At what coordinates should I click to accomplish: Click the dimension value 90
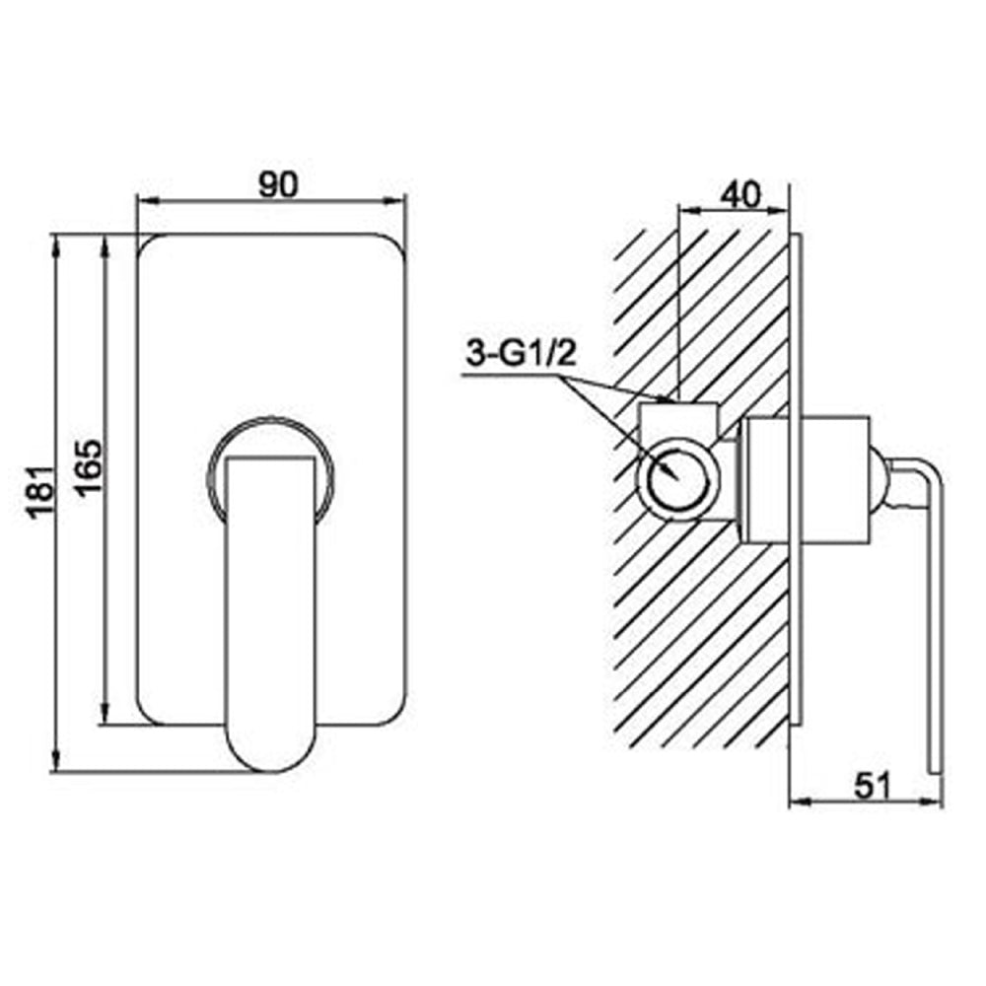click(x=273, y=182)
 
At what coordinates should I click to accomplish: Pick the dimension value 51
click(x=870, y=785)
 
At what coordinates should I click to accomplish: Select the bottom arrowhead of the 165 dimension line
click(x=104, y=720)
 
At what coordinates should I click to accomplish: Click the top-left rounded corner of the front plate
click(x=148, y=246)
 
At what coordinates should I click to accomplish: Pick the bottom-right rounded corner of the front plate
click(x=396, y=716)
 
